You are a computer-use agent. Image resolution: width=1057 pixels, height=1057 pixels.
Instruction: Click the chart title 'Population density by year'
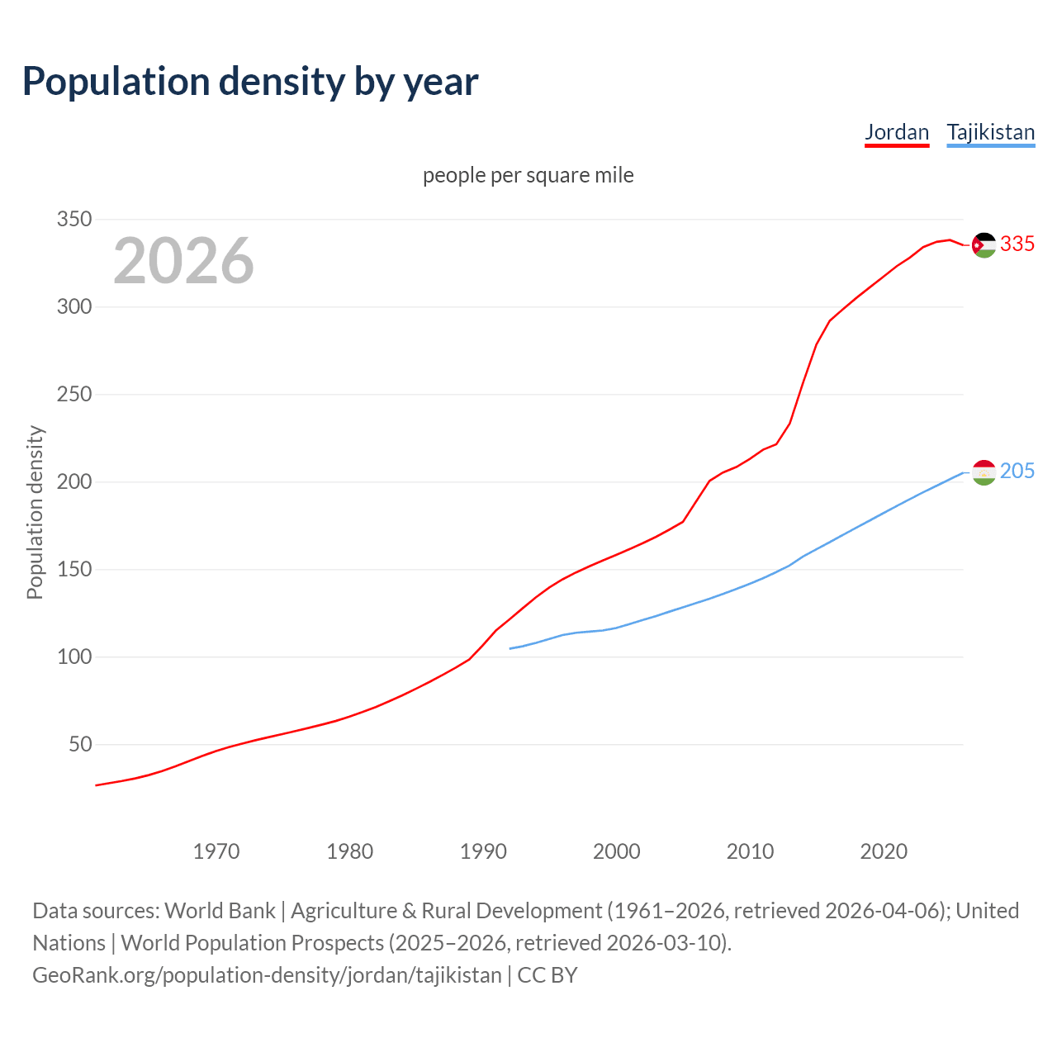(x=250, y=81)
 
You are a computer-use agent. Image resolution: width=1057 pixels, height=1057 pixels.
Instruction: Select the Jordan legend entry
(x=897, y=132)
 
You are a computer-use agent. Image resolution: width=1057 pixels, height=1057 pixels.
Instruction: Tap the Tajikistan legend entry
(x=990, y=132)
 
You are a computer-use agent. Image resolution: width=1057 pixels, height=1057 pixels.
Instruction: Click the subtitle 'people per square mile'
(x=528, y=175)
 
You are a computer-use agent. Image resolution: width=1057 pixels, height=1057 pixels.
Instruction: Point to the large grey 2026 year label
(x=183, y=260)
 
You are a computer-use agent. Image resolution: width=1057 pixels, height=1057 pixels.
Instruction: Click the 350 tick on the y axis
(x=73, y=220)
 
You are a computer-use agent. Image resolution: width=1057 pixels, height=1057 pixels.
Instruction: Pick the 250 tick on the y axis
(x=73, y=395)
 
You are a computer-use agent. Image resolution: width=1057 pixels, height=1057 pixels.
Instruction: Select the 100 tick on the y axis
(x=73, y=657)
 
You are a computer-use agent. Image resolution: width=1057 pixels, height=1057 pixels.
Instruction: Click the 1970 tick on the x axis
(x=216, y=851)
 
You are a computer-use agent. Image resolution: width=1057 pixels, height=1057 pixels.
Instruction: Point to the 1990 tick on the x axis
(x=483, y=851)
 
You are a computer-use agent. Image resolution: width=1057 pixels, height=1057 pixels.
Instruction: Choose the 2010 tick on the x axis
(x=750, y=851)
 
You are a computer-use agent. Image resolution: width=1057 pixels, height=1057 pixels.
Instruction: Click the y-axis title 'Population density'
(x=35, y=512)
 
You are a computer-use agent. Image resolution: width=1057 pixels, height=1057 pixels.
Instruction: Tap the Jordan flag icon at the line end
(x=984, y=244)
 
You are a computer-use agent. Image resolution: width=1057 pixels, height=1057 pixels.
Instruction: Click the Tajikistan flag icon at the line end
(x=984, y=472)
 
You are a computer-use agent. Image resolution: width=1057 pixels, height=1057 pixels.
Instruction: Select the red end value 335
(x=1017, y=244)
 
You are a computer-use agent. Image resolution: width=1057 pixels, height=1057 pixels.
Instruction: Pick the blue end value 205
(x=1017, y=471)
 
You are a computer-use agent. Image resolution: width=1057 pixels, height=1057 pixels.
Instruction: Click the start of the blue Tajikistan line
(x=511, y=648)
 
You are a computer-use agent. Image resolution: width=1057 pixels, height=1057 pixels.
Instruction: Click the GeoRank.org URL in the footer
(x=267, y=975)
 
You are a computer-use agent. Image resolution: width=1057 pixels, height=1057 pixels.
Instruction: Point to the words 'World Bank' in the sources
(x=220, y=911)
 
